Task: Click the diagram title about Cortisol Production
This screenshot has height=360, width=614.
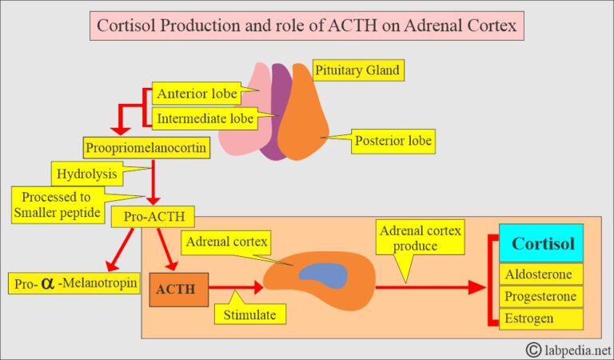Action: (x=307, y=26)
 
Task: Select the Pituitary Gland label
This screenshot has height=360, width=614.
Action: (x=356, y=70)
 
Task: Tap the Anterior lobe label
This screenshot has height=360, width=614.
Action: (x=197, y=94)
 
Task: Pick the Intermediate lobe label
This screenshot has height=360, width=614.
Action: (x=205, y=119)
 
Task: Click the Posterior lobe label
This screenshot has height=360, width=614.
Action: (x=394, y=142)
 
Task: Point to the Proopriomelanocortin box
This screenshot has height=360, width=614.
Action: (x=147, y=147)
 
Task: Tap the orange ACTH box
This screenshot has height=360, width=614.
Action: (x=178, y=290)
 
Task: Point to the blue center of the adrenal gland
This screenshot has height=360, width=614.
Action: (x=323, y=275)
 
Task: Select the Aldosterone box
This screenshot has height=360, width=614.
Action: (x=541, y=274)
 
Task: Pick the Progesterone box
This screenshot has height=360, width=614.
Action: (x=541, y=296)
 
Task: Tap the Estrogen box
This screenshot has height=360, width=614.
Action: (x=541, y=318)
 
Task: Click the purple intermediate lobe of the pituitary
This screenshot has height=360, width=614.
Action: (x=281, y=112)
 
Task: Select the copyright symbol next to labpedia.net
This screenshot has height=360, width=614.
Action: (x=534, y=349)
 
